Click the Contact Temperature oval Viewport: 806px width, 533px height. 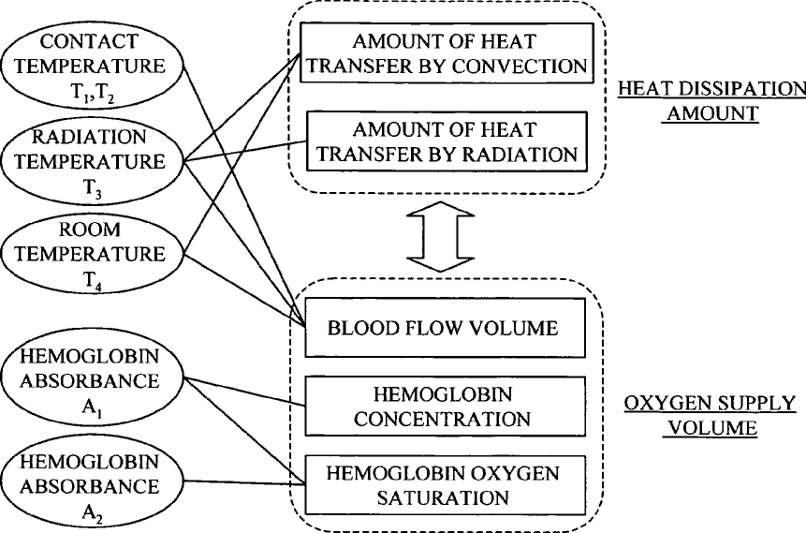pos(94,65)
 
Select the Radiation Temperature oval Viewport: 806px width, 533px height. pos(94,161)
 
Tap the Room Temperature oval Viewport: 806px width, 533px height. pos(94,254)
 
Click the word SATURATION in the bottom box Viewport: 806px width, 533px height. pos(445,496)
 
